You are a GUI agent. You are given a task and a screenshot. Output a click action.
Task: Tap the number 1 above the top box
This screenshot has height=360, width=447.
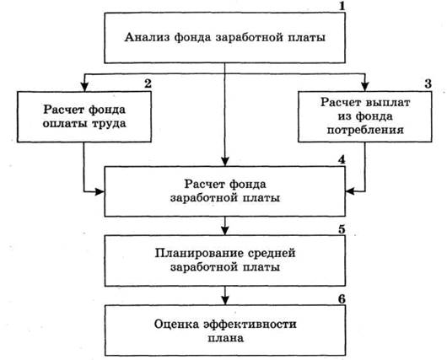342,6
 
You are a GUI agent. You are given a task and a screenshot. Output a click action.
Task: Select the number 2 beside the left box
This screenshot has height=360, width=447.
148,83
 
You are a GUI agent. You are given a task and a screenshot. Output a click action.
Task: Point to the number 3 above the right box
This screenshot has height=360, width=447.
428,83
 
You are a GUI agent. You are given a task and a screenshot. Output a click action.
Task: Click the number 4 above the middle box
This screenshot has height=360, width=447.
342,159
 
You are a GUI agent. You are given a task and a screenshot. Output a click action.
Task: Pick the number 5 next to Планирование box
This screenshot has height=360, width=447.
342,229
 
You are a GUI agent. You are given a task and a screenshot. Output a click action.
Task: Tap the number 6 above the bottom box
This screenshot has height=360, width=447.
342,299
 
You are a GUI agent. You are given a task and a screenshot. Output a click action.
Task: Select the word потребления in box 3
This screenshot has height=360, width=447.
365,130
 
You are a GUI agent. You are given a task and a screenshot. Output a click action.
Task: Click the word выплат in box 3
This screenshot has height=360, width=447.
388,102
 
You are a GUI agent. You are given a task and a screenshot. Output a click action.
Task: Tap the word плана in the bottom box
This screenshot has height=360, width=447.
225,338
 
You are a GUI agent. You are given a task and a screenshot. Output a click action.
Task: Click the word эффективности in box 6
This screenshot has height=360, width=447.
250,325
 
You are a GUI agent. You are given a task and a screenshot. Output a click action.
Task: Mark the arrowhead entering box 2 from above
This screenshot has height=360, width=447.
84,86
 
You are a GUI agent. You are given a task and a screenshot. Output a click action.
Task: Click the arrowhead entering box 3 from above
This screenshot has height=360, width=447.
365,86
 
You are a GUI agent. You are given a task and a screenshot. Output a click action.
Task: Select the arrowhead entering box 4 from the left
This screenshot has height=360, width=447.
100,191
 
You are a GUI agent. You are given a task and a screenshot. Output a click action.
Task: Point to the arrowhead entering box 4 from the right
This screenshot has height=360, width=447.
350,191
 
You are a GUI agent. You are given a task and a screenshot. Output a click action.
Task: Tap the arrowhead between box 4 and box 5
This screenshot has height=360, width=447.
225,231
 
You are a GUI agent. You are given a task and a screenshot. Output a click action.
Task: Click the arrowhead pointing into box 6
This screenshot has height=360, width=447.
225,300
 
